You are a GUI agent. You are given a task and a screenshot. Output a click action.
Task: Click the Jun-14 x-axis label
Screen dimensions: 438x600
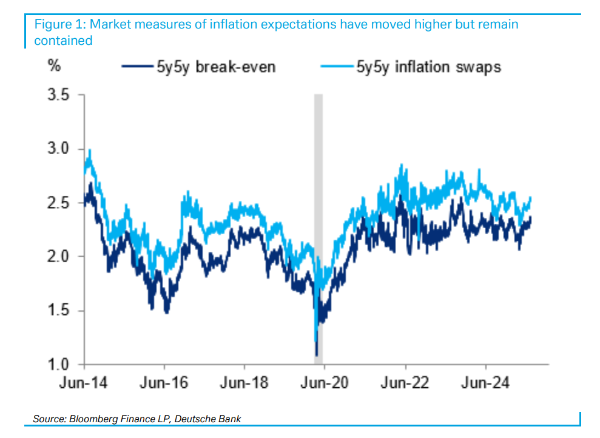point(84,383)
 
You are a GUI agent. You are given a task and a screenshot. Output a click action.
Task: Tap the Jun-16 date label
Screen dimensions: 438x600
point(164,383)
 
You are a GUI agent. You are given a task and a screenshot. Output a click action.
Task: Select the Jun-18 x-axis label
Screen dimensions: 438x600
point(244,383)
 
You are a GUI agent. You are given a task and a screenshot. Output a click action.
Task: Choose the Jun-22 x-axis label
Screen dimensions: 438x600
point(405,383)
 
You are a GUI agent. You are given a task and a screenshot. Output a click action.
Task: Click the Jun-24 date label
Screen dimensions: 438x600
point(485,383)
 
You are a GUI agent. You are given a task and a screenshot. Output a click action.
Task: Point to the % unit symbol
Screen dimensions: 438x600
point(54,66)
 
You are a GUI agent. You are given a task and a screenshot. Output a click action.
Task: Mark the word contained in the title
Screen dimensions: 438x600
point(63,41)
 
